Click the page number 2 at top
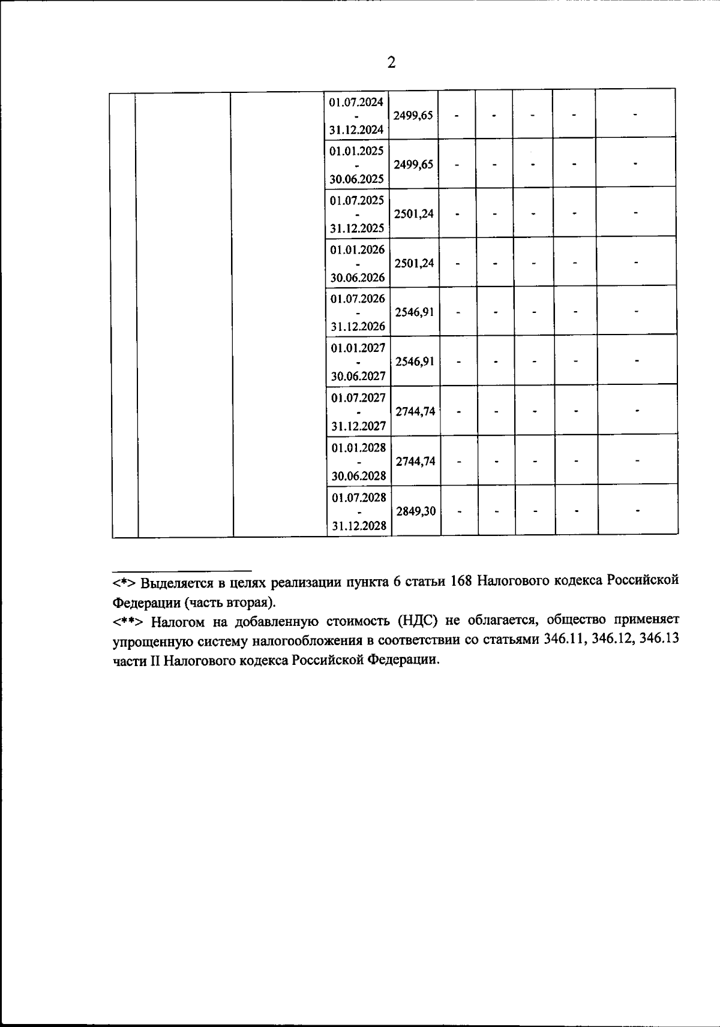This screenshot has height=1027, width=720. [x=391, y=63]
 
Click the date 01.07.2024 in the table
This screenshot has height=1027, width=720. [x=356, y=102]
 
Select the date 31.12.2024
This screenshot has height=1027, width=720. [x=356, y=129]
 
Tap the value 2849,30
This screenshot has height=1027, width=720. [x=415, y=511]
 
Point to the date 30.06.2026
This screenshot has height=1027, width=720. [x=358, y=278]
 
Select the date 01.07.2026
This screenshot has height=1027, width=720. [x=358, y=299]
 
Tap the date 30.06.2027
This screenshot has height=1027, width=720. [x=358, y=377]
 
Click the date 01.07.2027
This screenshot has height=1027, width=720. [x=358, y=397]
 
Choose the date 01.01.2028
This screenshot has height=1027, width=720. [x=359, y=447]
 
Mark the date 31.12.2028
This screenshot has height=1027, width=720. [x=359, y=526]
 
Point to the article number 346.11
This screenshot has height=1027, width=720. [x=564, y=639]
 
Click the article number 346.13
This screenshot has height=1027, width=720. [x=659, y=639]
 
